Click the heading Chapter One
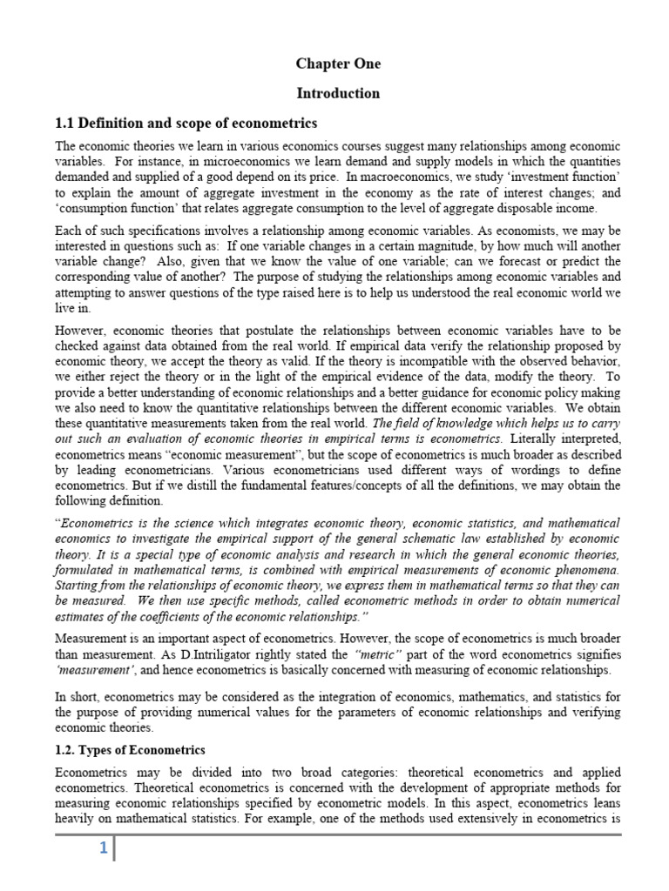(x=338, y=64)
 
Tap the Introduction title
(x=338, y=93)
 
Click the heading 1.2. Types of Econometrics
(x=129, y=749)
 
